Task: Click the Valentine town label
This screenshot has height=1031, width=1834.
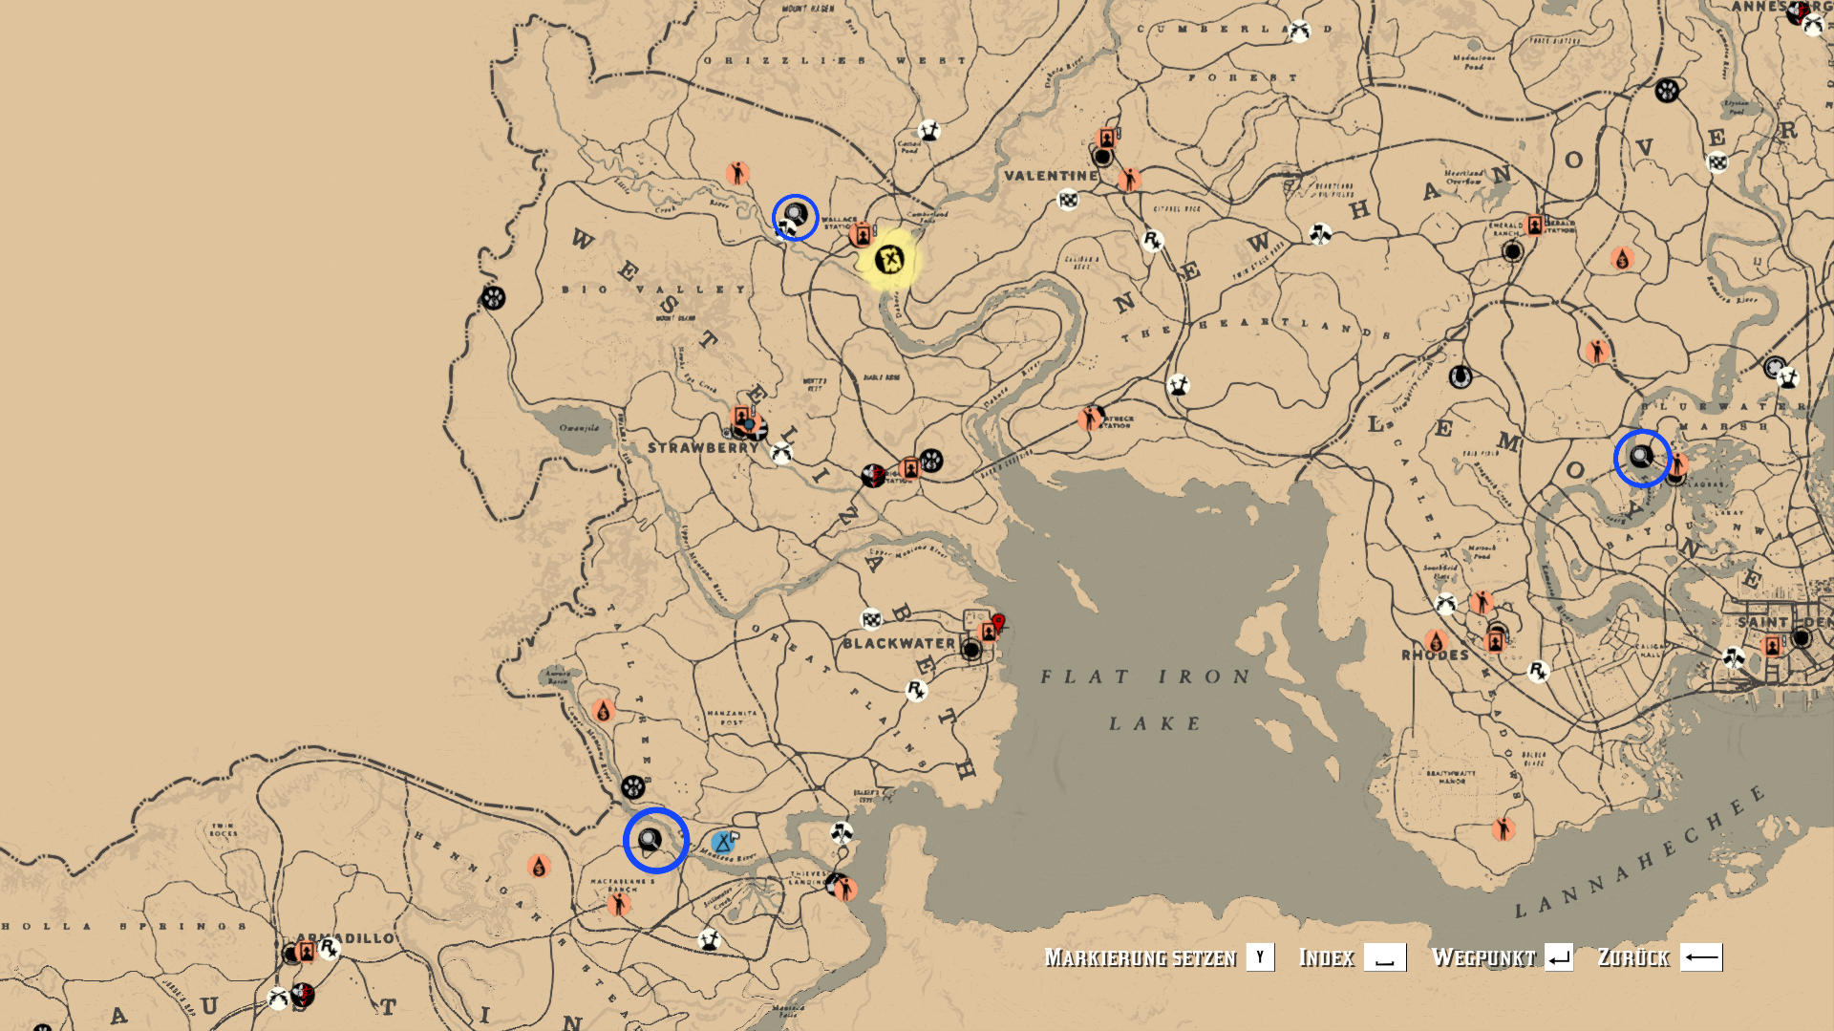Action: click(x=1051, y=176)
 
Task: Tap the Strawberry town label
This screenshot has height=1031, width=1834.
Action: click(x=702, y=447)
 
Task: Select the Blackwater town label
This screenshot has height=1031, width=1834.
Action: click(x=898, y=643)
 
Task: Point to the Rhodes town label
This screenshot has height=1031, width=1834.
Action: click(x=1435, y=655)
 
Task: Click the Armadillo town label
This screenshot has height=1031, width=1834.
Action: click(x=355, y=938)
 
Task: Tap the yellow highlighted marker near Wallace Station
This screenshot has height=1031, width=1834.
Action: click(x=889, y=260)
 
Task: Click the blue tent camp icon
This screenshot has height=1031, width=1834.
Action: click(x=723, y=843)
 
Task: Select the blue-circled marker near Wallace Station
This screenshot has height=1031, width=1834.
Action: click(x=795, y=217)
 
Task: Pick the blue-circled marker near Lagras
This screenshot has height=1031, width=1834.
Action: click(x=1641, y=458)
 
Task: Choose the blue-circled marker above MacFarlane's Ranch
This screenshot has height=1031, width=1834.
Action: click(x=655, y=840)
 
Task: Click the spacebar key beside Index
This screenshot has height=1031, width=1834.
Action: click(x=1384, y=957)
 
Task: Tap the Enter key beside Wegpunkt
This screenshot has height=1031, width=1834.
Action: click(x=1559, y=957)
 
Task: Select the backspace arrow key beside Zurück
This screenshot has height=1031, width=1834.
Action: click(x=1700, y=957)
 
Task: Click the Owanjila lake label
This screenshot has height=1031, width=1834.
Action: click(x=579, y=428)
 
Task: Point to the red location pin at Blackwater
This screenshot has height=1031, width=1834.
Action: click(x=998, y=623)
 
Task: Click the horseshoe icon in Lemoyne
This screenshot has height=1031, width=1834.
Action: click(x=1460, y=376)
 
